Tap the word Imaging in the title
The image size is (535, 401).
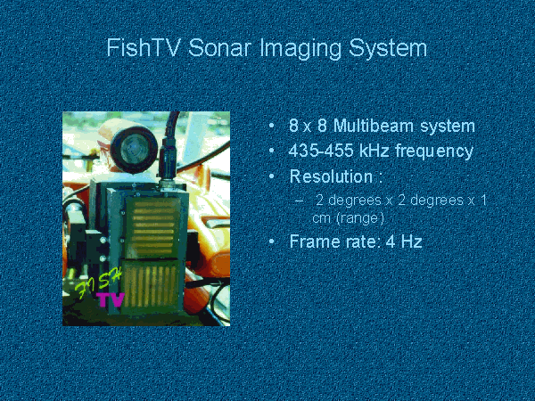(300, 49)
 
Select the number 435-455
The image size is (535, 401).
(321, 151)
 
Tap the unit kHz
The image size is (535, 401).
(374, 151)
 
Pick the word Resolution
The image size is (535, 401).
(331, 176)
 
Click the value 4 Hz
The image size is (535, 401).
(404, 241)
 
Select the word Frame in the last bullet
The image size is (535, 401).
(315, 241)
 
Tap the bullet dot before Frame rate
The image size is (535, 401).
(272, 241)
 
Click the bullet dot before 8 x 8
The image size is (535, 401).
(272, 126)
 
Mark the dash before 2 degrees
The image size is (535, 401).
(299, 200)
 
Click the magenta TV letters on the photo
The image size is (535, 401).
(111, 300)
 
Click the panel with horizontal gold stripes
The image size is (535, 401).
(152, 227)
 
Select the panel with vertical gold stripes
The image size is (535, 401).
(150, 286)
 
